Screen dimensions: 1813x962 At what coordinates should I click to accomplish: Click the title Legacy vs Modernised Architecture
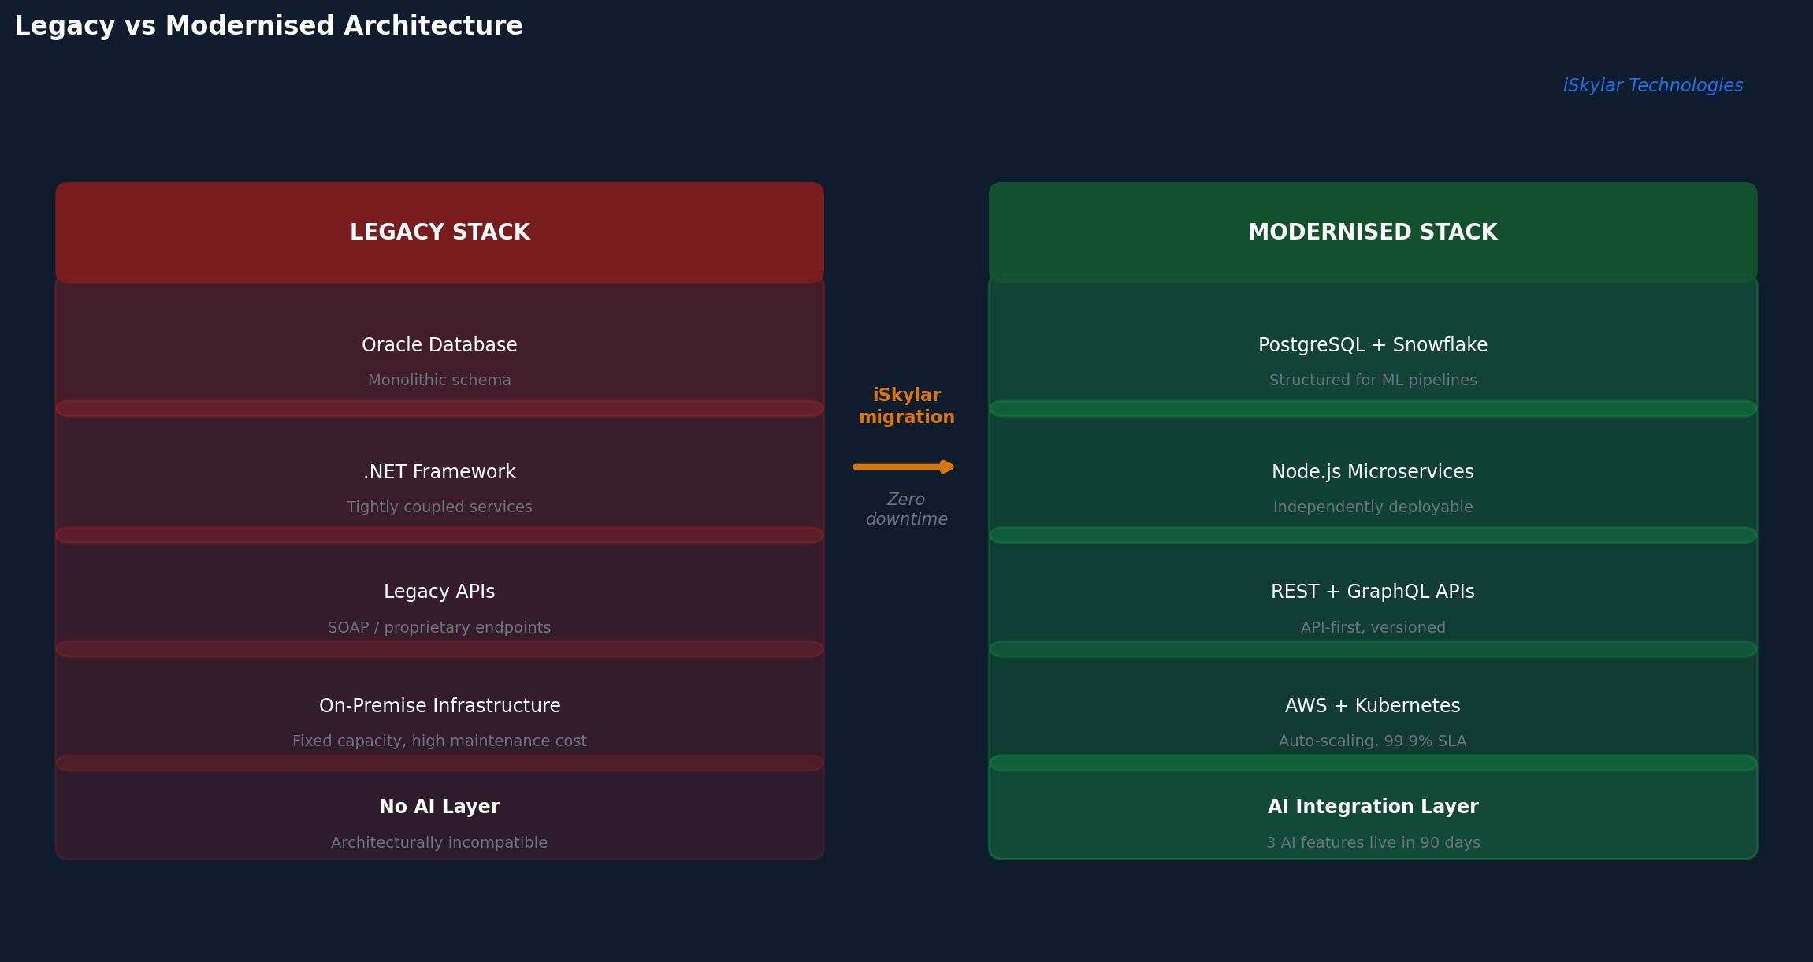269,27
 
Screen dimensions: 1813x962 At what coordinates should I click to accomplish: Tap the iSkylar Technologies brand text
1653,86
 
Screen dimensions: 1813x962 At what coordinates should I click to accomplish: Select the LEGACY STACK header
440,232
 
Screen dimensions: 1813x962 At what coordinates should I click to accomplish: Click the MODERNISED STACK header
1373,232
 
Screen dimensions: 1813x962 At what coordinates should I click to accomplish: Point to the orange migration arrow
904,467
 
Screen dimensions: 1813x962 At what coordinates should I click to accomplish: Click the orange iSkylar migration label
907,407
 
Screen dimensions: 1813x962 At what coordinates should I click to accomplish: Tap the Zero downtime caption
907,510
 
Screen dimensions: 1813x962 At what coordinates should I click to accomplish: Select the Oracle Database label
440,345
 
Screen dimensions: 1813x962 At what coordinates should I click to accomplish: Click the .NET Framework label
440,472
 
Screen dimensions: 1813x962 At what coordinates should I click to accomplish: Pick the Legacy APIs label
440,592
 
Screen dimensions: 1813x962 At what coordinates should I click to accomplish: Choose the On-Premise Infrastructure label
440,706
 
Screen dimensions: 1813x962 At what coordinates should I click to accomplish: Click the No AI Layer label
440,807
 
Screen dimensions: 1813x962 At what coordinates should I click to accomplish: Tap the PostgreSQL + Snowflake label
1373,345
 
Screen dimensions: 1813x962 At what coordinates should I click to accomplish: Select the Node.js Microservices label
1373,472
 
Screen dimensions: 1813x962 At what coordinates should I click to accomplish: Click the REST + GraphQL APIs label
1373,592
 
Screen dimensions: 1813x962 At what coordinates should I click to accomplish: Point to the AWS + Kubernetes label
1373,706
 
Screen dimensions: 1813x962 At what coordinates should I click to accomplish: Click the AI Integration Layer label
1373,807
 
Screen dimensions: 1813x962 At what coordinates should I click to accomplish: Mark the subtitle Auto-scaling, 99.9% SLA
1373,741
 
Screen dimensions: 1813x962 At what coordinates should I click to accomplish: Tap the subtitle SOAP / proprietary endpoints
440,628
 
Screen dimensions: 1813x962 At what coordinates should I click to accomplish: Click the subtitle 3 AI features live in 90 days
1373,843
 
